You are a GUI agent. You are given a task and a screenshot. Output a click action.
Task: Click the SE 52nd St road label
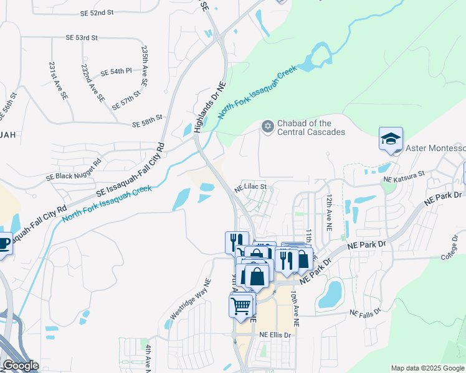tap(97, 12)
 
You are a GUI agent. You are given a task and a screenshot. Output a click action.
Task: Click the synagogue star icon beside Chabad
tap(267, 127)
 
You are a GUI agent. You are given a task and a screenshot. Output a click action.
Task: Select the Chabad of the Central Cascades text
tap(311, 127)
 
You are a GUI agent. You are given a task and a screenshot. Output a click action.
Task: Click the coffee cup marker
tap(3, 243)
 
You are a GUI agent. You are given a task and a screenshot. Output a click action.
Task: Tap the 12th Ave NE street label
tap(328, 212)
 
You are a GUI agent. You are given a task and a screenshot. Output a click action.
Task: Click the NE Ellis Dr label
tap(275, 335)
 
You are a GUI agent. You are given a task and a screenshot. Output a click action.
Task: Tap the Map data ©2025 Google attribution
tap(427, 368)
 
